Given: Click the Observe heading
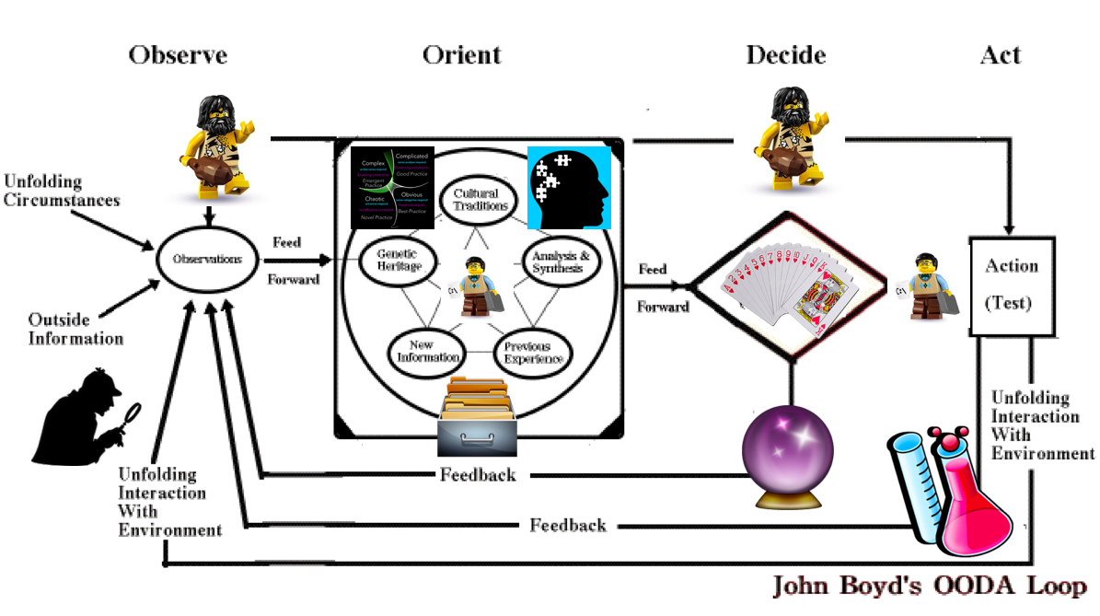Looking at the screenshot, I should coord(178,55).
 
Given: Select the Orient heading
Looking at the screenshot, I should coord(461,55).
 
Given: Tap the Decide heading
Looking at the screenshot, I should coord(785,55).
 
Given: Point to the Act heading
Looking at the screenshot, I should coord(1001,55).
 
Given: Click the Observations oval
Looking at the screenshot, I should coord(206,260).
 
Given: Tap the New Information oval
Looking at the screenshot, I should coord(424,350).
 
